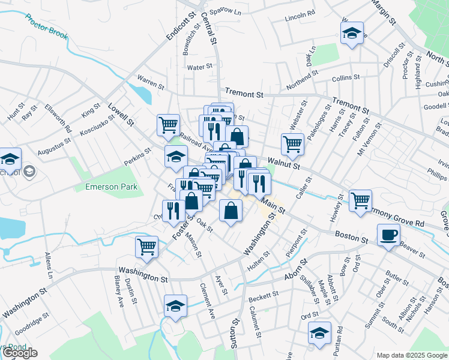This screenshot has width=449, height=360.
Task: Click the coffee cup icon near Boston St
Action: (388, 235)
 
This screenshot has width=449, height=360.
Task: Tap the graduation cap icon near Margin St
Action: (352, 32)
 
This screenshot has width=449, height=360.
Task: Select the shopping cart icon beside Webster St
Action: (292, 143)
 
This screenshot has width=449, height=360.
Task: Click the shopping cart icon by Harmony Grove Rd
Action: (360, 200)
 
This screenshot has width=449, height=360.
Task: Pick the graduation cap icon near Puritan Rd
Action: (319, 332)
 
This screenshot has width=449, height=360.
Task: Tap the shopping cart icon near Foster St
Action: (147, 246)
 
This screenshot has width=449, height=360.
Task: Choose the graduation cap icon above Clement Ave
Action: (175, 306)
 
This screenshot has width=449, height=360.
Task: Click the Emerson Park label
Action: (111, 187)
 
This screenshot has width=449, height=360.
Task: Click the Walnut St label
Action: (283, 161)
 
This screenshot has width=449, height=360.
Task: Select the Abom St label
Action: (295, 269)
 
